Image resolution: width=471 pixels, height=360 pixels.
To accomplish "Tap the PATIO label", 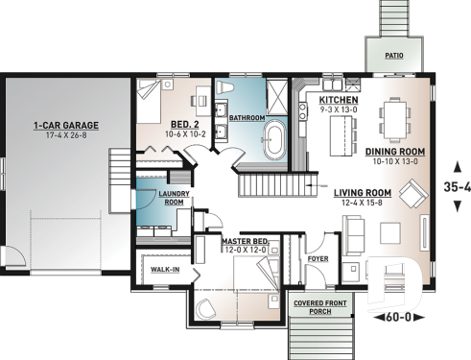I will pyautogui.click(x=394, y=56).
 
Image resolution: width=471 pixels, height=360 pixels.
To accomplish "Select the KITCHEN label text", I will pyautogui.click(x=339, y=100).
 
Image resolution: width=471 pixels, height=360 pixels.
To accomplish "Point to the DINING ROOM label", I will pyautogui.click(x=395, y=151).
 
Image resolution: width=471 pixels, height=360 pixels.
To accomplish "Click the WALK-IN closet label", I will pyautogui.click(x=166, y=272).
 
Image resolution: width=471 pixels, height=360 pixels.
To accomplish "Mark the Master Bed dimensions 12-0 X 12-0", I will pyautogui.click(x=245, y=251).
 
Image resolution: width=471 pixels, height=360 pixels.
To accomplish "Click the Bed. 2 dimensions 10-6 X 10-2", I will pyautogui.click(x=186, y=135).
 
